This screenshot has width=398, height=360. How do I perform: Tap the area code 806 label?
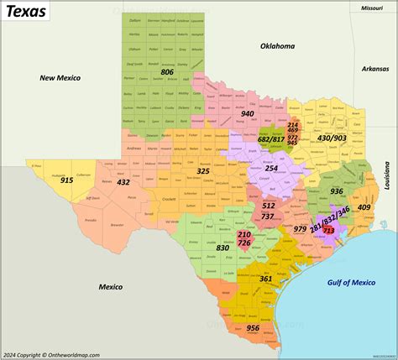[x=168, y=73]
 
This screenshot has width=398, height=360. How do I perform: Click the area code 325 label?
[x=203, y=171]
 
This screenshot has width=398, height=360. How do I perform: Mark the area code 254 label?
[x=270, y=168]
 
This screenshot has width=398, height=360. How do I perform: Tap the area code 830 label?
[x=223, y=248]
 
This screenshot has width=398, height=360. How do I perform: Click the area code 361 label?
[x=265, y=279]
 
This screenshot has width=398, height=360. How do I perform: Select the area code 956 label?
[x=253, y=328]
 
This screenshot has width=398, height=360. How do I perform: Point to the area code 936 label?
[x=336, y=191]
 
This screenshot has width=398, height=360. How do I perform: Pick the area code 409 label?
[x=364, y=207]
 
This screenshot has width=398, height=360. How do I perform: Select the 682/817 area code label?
[x=269, y=138]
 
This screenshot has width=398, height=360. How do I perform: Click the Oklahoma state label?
[x=277, y=46]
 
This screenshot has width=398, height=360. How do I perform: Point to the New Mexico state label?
[x=60, y=77]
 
